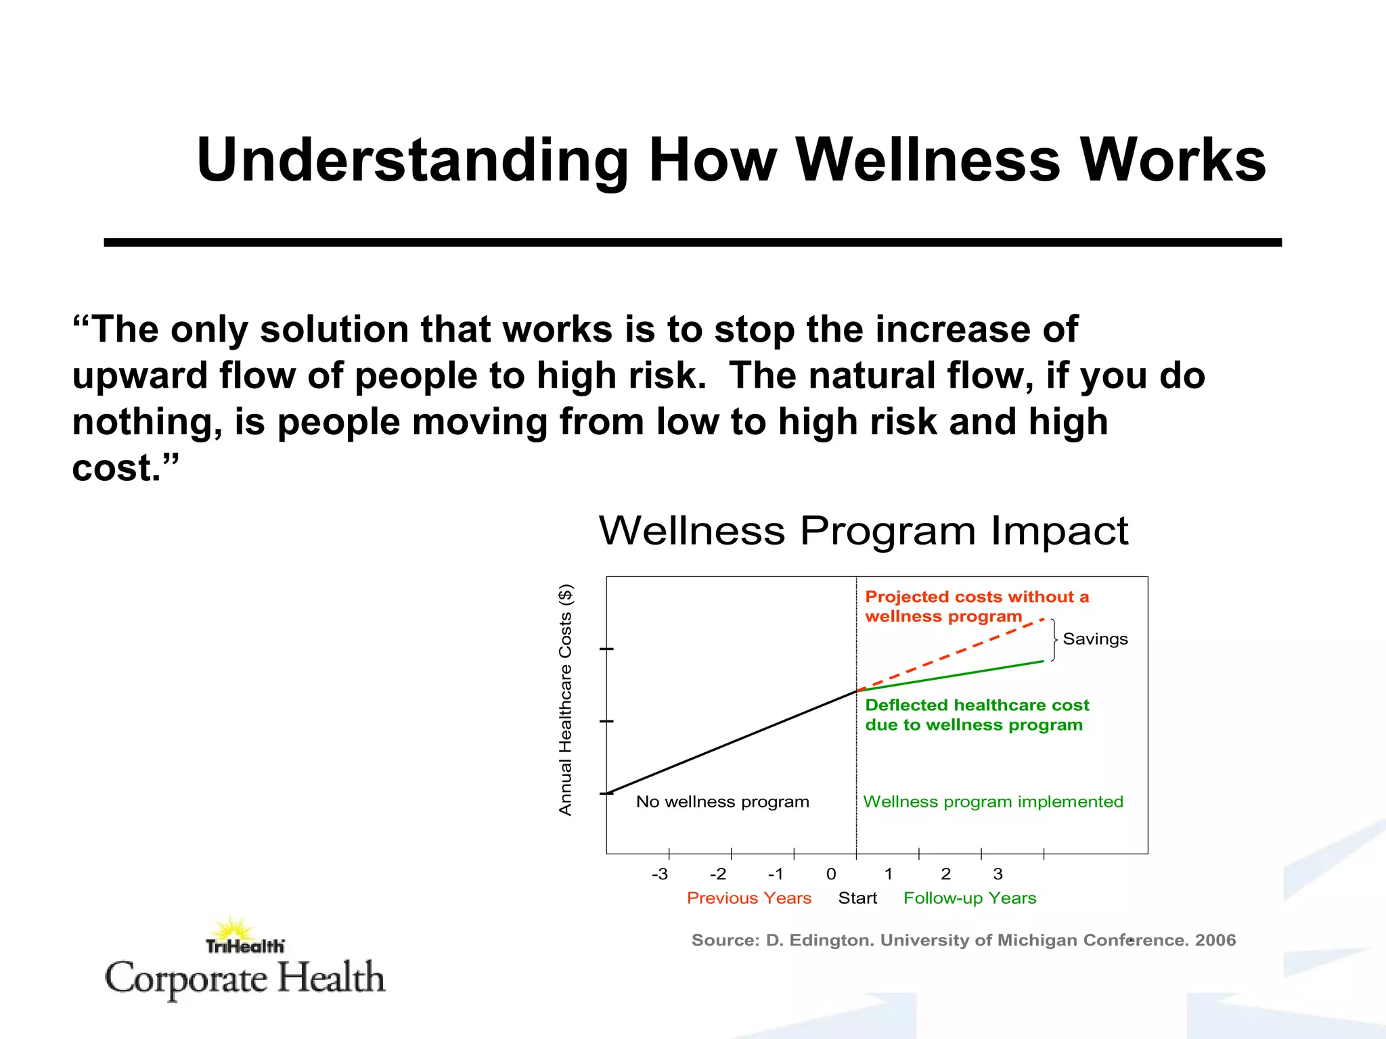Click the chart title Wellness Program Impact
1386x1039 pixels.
[864, 530]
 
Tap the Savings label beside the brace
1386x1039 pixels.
[1095, 639]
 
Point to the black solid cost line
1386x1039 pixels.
[731, 743]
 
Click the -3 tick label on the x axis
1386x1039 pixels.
[659, 874]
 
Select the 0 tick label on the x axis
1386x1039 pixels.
[831, 874]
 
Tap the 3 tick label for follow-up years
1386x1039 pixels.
[998, 874]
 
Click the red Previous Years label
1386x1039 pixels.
[748, 898]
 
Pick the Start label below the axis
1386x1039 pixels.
[857, 898]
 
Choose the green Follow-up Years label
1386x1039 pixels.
[970, 898]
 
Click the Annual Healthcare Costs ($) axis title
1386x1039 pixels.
[566, 699]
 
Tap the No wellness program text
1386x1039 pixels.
[722, 802]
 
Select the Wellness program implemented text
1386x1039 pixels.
[993, 802]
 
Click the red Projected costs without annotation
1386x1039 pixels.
[976, 607]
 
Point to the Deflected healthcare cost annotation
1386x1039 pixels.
[976, 715]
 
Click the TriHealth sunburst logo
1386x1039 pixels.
[233, 931]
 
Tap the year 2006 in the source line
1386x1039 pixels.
[1215, 940]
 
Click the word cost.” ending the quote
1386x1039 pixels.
[125, 468]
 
